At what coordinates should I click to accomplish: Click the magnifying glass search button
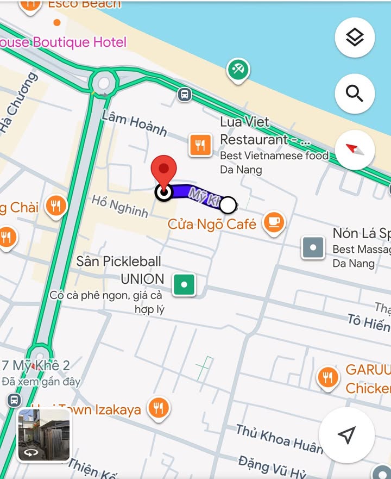[x=355, y=94]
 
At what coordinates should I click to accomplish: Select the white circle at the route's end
[x=229, y=205]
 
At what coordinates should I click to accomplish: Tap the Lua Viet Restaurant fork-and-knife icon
[x=200, y=145]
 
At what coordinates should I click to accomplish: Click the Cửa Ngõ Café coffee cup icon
[x=274, y=222]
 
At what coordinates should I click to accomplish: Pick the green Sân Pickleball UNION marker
[x=184, y=284]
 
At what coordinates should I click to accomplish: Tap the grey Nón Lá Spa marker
[x=313, y=247]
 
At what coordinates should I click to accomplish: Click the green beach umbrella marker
[x=238, y=70]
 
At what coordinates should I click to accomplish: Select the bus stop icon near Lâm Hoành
[x=185, y=95]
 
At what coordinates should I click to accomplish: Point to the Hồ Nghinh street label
[x=119, y=207]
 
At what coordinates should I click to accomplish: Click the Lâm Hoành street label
[x=134, y=122]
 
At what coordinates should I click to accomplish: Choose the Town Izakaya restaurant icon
[x=158, y=407]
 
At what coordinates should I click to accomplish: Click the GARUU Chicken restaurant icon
[x=327, y=377]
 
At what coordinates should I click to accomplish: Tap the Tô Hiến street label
[x=369, y=322]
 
